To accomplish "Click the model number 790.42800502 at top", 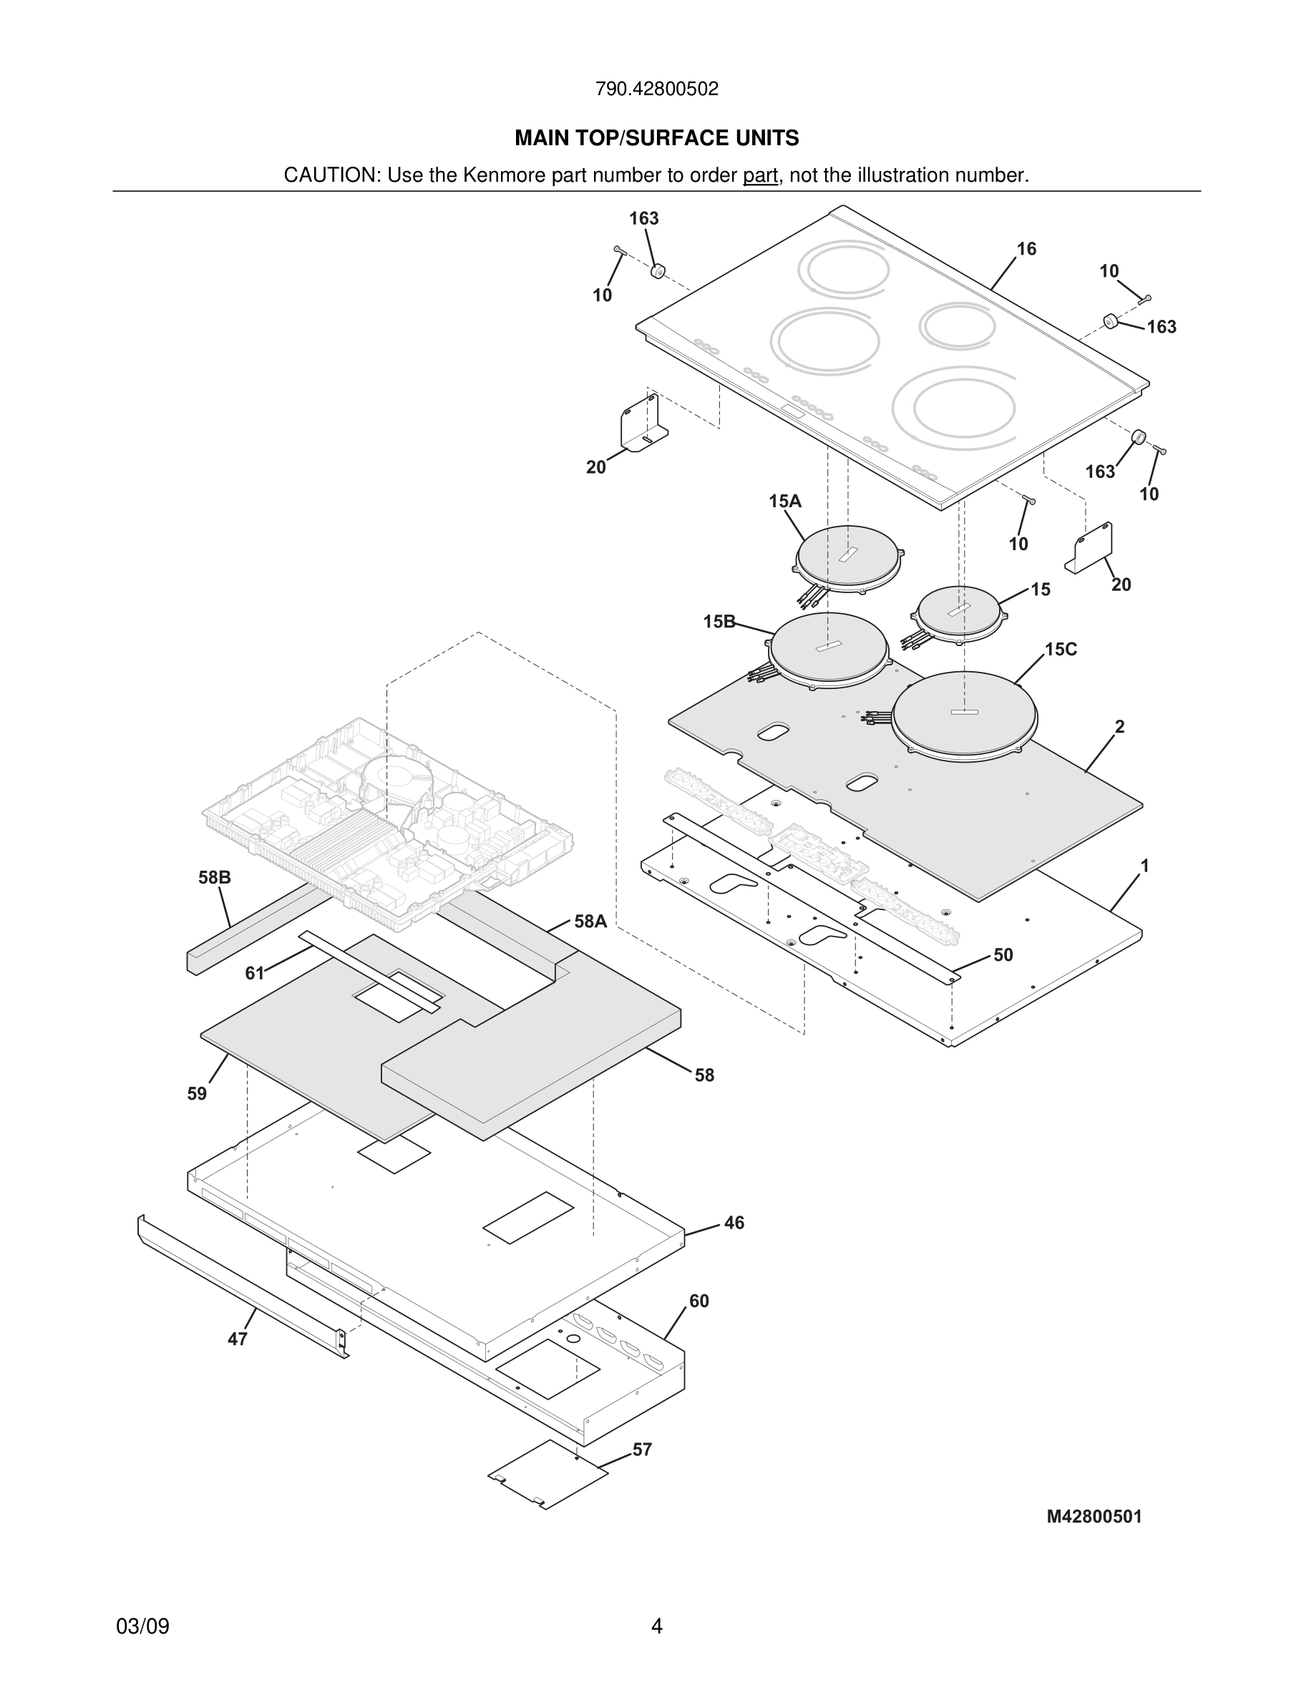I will click(656, 89).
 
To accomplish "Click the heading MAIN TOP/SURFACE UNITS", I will click(656, 138).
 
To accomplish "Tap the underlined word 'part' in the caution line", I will click(760, 175).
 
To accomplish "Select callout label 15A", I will click(784, 502).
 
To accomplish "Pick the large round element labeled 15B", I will click(827, 649).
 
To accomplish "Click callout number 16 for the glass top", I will click(1026, 249).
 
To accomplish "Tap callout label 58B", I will click(214, 877).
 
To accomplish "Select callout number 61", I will click(255, 973).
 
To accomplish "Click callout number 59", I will click(197, 1094).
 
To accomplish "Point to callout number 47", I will click(238, 1339).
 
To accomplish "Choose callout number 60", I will click(699, 1301).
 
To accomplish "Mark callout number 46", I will click(734, 1223).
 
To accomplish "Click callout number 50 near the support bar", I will click(1003, 955).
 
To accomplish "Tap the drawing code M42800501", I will click(1094, 1516).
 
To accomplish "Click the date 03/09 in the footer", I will click(142, 1626).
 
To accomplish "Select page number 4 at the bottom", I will click(656, 1626).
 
